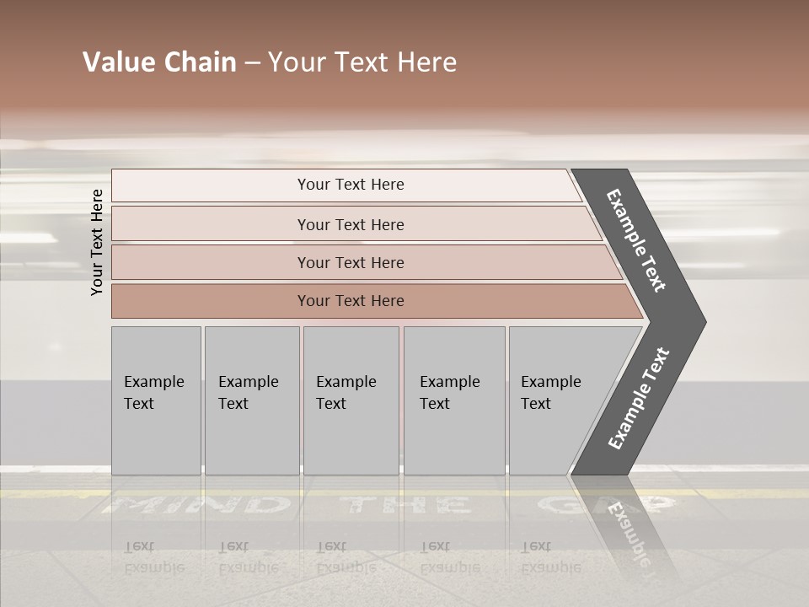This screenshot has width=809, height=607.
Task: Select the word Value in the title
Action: click(x=115, y=62)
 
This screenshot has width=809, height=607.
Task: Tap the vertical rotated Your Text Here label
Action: click(x=97, y=242)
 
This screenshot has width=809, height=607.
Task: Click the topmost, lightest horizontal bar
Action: click(x=350, y=185)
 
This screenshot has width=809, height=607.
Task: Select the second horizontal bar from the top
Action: click(x=350, y=224)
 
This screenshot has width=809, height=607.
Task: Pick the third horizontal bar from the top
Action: click(x=350, y=262)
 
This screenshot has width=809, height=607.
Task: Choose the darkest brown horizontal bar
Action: click(x=350, y=301)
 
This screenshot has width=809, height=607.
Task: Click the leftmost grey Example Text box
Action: click(x=156, y=400)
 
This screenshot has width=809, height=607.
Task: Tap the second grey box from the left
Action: click(x=251, y=400)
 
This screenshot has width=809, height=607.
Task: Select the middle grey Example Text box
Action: click(x=351, y=400)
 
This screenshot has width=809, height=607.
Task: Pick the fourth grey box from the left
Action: click(x=454, y=400)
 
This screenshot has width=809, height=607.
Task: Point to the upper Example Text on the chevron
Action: click(x=636, y=240)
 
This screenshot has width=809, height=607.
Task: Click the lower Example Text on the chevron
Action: click(x=638, y=399)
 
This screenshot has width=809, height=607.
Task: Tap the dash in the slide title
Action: click(x=252, y=63)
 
